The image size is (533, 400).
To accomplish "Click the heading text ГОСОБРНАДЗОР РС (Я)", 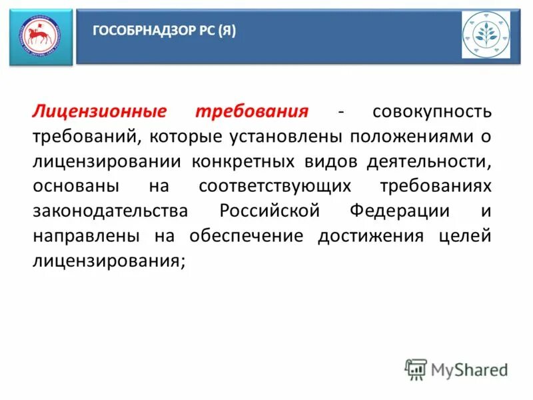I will coord(163,31).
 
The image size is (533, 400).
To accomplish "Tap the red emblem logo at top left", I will coord(40,37).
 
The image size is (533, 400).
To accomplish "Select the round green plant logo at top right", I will coord(486,35).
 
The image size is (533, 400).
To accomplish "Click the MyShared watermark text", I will coord(469,369).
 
